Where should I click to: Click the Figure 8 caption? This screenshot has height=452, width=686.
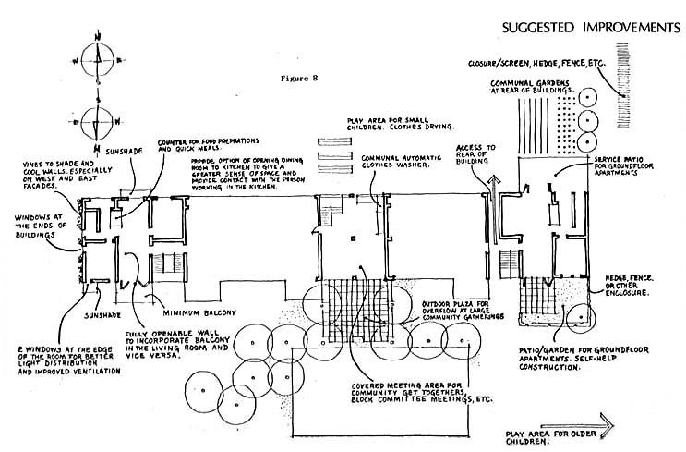(x=303, y=80)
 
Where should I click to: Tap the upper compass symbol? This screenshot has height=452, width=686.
(x=96, y=60)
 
